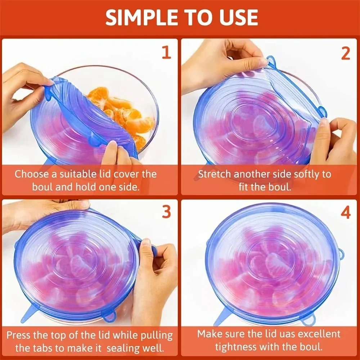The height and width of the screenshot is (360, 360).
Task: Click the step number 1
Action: (x=166, y=53)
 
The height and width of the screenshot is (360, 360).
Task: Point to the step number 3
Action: (x=166, y=212)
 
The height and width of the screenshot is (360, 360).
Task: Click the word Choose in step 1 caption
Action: (x=32, y=174)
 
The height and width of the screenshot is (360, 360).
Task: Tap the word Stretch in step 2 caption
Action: (x=215, y=174)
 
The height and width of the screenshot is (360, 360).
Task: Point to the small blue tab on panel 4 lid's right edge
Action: (x=341, y=254)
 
